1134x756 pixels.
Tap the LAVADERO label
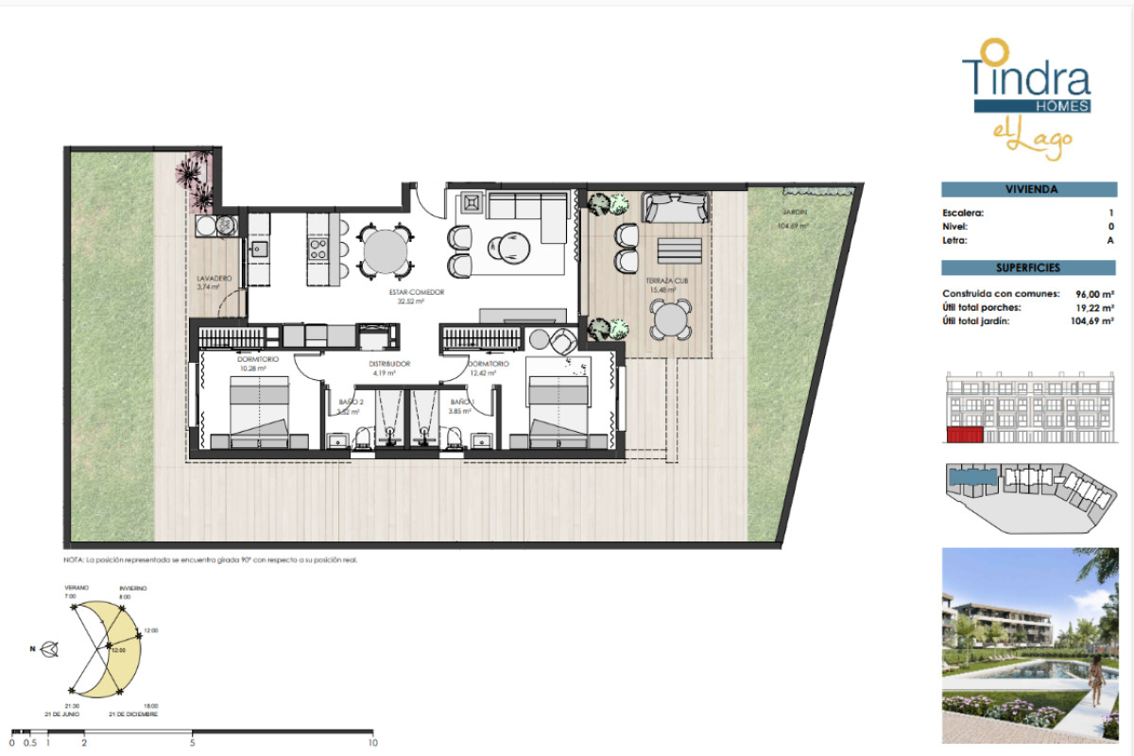[214, 279]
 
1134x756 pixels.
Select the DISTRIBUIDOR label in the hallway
[388, 364]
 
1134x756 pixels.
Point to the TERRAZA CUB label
[667, 282]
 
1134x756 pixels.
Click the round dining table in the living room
[385, 251]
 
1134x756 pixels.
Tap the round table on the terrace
[671, 319]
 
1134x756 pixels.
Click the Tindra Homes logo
[1026, 90]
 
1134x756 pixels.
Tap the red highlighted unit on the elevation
[965, 434]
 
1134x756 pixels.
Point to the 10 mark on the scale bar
[372, 742]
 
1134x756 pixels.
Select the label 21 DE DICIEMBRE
[133, 714]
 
